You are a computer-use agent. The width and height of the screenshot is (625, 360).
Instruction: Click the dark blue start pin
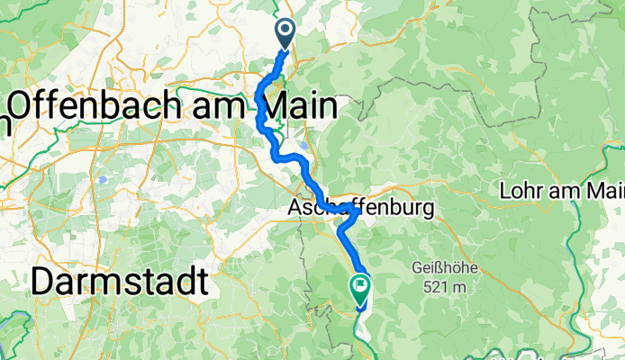click(285, 33)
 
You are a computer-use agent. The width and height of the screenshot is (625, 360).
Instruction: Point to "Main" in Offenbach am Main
click(294, 106)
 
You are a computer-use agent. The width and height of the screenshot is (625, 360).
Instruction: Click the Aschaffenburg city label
click(360, 209)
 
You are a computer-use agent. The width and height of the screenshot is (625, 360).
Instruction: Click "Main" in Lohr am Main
click(605, 191)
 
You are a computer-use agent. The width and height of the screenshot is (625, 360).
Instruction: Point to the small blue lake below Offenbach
click(105, 179)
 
